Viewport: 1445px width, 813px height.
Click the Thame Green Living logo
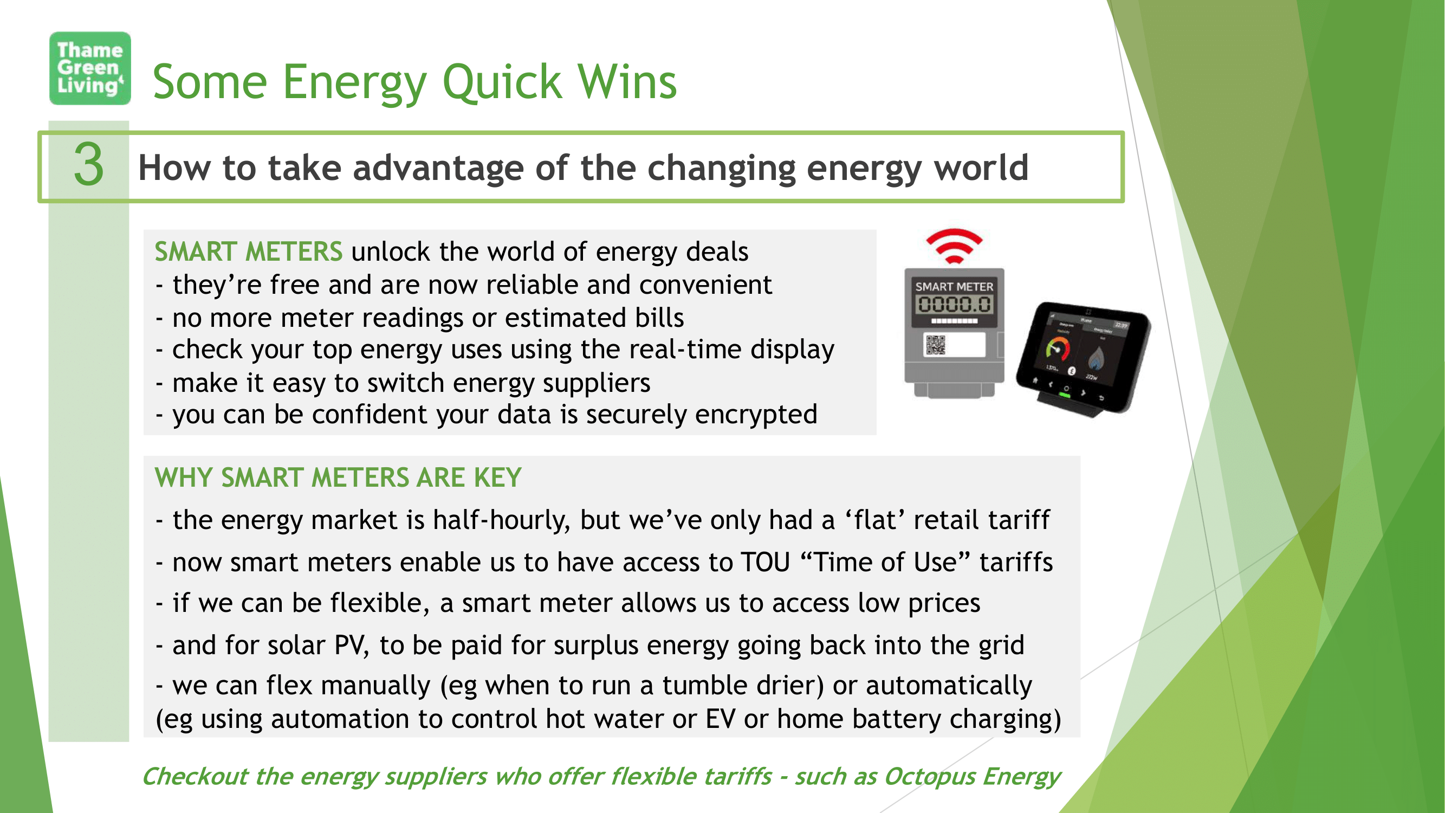(90, 68)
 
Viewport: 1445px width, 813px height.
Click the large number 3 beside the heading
(89, 164)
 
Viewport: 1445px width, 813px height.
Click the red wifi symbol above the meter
(954, 245)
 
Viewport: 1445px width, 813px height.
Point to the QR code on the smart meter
(935, 345)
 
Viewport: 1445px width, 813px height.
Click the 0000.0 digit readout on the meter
(954, 305)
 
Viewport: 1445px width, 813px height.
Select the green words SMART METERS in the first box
(249, 251)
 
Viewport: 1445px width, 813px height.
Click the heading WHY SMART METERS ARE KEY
(338, 478)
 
